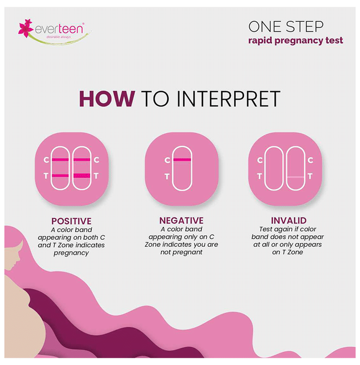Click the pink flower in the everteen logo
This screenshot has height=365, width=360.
[25, 28]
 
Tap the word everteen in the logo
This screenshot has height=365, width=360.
[59, 29]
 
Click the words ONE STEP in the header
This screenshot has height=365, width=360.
[286, 27]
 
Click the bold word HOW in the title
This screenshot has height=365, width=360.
[107, 99]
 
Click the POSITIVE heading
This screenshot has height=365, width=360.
[71, 221]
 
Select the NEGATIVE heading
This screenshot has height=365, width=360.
[182, 221]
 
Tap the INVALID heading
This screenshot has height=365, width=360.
[289, 221]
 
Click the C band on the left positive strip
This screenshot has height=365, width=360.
[61, 160]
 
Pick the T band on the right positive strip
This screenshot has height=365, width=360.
[82, 176]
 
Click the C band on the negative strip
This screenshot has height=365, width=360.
[182, 160]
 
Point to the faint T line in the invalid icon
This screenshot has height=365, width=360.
[296, 177]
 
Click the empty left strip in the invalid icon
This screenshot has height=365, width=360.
[274, 168]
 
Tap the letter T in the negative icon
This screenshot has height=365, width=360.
[167, 177]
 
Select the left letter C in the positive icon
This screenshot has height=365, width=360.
[46, 160]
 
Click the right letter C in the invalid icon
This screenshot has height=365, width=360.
[310, 160]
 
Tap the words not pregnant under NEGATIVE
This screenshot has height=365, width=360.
[182, 252]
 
